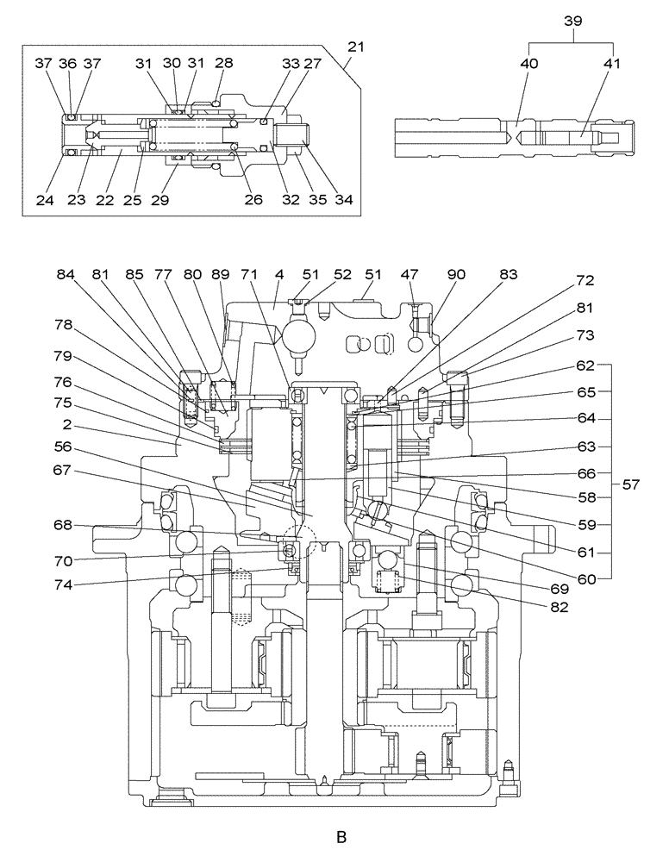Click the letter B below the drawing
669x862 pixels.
(341, 836)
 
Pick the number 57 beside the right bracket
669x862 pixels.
(631, 484)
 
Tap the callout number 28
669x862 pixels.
(225, 63)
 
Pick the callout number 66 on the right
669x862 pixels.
(587, 473)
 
